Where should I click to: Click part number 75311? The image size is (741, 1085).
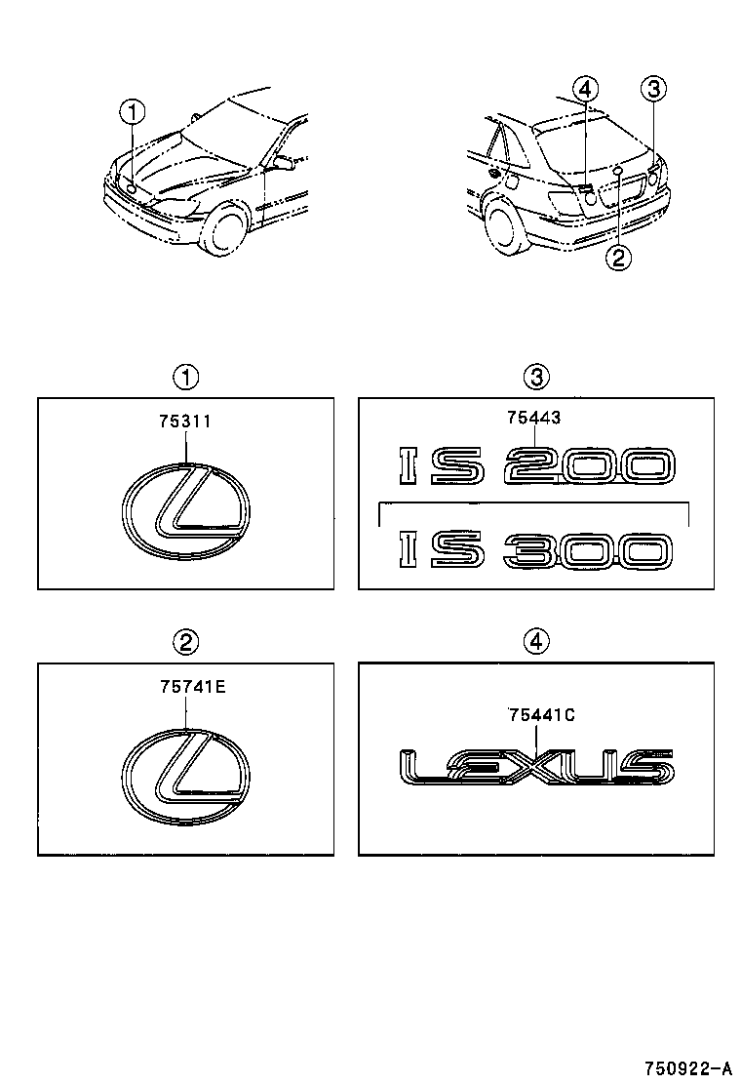[185, 422]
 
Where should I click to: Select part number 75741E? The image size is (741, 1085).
[192, 687]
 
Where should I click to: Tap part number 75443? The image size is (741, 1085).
[533, 418]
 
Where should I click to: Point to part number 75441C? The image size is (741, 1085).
[541, 715]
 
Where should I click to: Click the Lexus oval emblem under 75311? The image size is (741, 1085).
[186, 511]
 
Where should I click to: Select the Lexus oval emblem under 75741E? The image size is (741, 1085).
[186, 778]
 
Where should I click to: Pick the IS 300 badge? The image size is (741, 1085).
[536, 551]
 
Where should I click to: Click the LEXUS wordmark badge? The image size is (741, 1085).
[536, 766]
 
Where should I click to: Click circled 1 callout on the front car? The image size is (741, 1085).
[131, 113]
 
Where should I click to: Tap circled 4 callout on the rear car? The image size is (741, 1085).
[583, 91]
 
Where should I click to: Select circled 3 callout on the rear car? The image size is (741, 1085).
[653, 90]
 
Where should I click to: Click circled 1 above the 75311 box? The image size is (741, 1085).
[185, 377]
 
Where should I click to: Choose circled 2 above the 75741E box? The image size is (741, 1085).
[185, 641]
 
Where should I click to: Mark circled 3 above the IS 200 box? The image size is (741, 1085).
[536, 377]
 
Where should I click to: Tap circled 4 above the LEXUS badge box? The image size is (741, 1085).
[536, 641]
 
